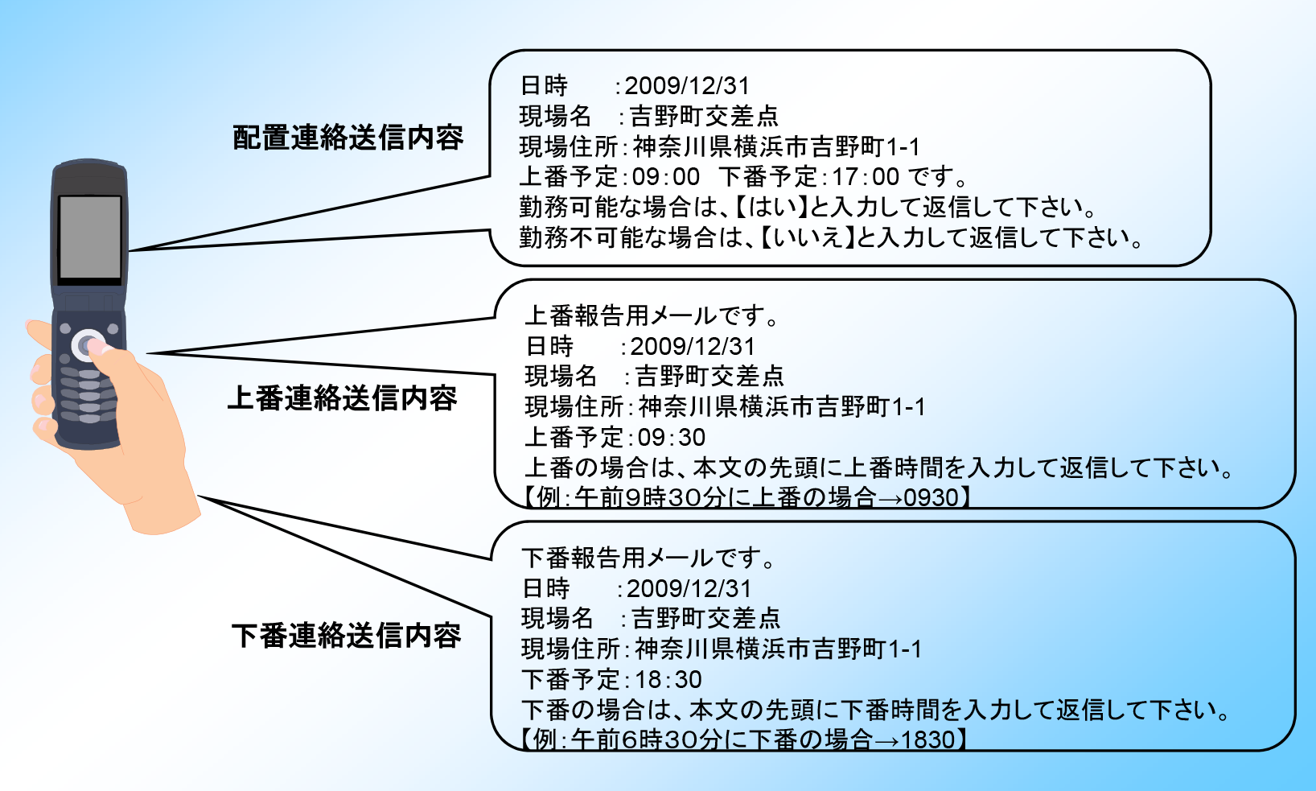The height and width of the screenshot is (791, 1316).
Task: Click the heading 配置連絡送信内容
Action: click(x=348, y=138)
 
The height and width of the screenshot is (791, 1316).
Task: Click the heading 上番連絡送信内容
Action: click(x=343, y=398)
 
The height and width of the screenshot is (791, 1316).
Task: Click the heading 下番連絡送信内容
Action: click(x=347, y=636)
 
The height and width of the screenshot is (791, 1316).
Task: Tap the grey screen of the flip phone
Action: click(x=90, y=237)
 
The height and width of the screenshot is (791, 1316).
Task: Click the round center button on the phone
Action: click(x=88, y=345)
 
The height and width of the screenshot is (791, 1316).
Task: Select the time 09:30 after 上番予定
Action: click(x=672, y=437)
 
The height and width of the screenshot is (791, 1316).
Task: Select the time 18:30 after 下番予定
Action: click(x=668, y=679)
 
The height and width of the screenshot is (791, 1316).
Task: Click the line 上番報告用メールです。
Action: click(x=652, y=316)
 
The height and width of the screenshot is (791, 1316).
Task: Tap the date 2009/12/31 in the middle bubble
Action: click(x=693, y=346)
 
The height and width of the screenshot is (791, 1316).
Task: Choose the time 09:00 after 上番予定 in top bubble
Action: click(x=665, y=176)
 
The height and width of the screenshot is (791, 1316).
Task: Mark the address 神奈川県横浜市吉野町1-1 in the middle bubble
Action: click(x=782, y=406)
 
